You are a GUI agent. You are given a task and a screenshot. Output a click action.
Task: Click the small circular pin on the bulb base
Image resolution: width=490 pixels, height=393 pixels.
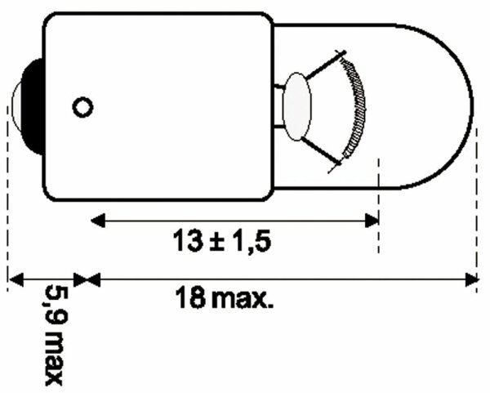pos(82,107)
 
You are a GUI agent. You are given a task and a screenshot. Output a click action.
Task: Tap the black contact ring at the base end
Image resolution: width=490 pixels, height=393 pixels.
pos(33,106)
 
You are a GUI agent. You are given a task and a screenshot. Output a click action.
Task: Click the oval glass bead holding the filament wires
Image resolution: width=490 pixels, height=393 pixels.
pos(297,106)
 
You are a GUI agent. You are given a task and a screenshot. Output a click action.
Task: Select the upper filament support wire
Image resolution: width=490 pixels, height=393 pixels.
pos(325,65)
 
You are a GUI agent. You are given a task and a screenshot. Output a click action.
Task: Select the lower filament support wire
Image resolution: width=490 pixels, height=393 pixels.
pos(321,151)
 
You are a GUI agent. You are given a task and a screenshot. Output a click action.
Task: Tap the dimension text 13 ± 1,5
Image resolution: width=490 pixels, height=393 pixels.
pos(222,241)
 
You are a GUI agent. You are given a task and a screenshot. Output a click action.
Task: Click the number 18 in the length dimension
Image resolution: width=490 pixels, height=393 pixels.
pos(190,298)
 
